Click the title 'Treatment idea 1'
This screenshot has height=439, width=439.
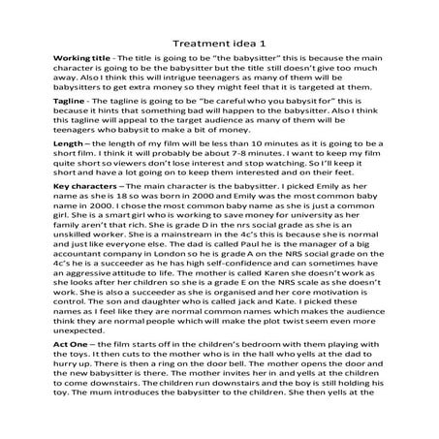click(219, 43)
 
